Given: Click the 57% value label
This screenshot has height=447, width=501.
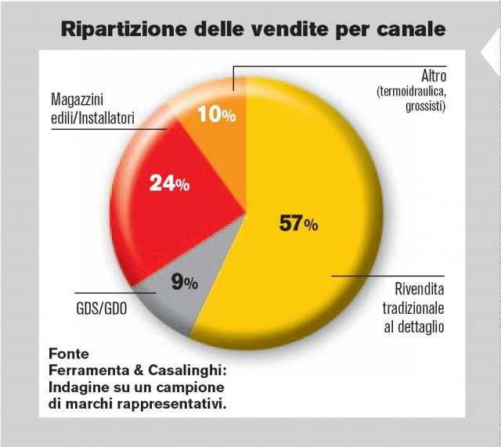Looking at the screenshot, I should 298,224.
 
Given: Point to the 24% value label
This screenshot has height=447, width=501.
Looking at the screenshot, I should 169,184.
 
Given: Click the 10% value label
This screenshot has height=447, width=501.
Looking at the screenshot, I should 215,115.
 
